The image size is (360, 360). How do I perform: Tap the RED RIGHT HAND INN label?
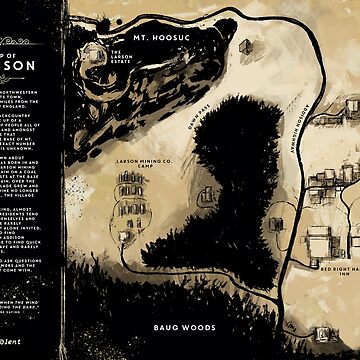322,272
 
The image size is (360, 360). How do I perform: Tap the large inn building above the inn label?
318,240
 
